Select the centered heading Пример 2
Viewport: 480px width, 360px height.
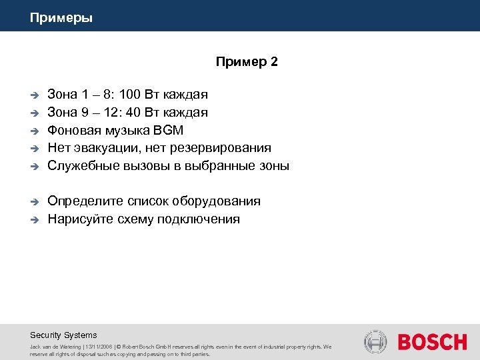[247, 62]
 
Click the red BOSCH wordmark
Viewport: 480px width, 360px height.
[432, 343]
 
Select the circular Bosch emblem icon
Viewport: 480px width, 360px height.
[375, 342]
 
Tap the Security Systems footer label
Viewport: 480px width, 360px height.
[63, 335]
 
